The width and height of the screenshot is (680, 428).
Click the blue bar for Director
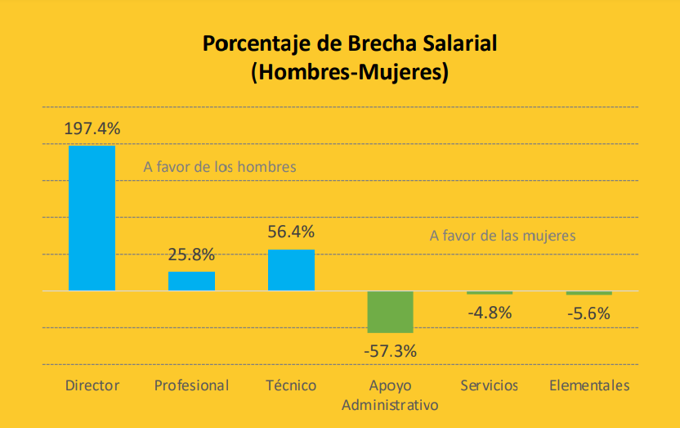pyautogui.click(x=92, y=218)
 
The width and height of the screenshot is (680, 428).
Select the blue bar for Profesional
pyautogui.click(x=191, y=281)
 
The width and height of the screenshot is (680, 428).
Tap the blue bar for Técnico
pyautogui.click(x=291, y=270)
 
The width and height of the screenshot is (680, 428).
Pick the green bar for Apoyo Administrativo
pyautogui.click(x=390, y=312)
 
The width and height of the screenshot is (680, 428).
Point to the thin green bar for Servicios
pyautogui.click(x=490, y=293)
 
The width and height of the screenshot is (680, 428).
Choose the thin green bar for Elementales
pyautogui.click(x=589, y=293)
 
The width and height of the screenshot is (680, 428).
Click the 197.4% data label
pyautogui.click(x=92, y=128)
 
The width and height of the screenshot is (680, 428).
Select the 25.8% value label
pyautogui.click(x=191, y=255)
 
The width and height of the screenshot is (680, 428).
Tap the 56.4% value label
pyautogui.click(x=291, y=232)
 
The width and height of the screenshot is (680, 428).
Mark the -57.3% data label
pyautogui.click(x=390, y=350)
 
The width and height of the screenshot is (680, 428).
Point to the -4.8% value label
pyautogui.click(x=490, y=312)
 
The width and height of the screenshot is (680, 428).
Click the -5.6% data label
pyautogui.click(x=589, y=313)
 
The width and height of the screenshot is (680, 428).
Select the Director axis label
pyautogui.click(x=92, y=385)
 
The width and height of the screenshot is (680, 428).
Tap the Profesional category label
pyautogui.click(x=191, y=385)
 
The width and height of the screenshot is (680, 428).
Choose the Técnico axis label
pyautogui.click(x=291, y=385)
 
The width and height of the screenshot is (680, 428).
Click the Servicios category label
pyautogui.click(x=489, y=385)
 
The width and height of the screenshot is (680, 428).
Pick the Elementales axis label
pyautogui.click(x=589, y=385)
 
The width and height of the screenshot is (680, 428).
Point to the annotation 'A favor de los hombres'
pyautogui.click(x=219, y=167)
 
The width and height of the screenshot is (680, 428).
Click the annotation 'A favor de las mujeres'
pyautogui.click(x=503, y=236)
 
